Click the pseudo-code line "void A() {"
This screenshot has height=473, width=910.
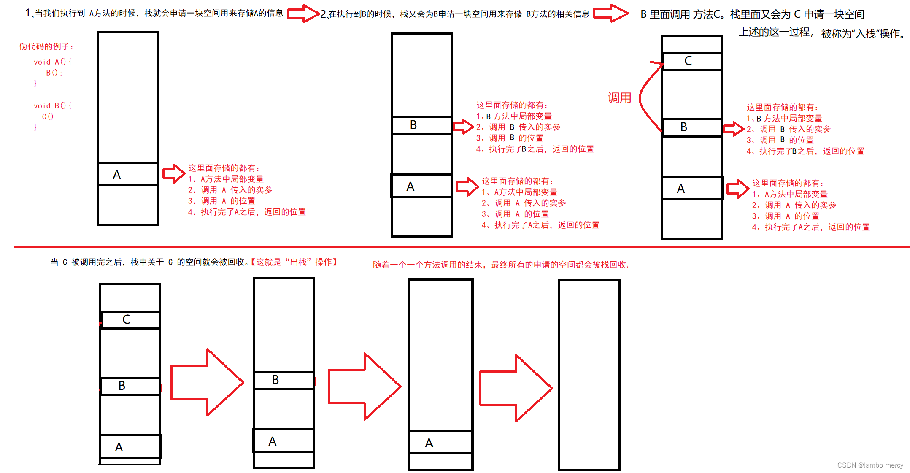[52, 62]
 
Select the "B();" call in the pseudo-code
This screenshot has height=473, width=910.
[54, 73]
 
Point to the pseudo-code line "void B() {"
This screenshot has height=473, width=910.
[52, 105]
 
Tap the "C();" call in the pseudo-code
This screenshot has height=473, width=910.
[50, 116]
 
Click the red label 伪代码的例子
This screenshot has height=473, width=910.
[46, 46]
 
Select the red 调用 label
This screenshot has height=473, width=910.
[619, 98]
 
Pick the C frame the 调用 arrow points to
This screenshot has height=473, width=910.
[692, 61]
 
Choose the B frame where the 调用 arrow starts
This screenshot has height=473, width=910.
[692, 127]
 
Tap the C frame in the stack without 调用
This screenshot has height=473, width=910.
[130, 320]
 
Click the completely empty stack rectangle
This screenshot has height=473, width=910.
[589, 375]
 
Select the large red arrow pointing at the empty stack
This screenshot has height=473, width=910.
[516, 388]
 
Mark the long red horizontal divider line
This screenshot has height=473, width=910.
[462, 247]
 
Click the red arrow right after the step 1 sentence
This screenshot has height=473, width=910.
[303, 14]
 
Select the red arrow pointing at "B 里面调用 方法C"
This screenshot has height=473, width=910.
[611, 14]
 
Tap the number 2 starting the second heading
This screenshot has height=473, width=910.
[323, 14]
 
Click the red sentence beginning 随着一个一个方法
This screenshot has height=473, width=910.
[500, 265]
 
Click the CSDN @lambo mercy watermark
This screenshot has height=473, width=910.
[870, 465]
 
